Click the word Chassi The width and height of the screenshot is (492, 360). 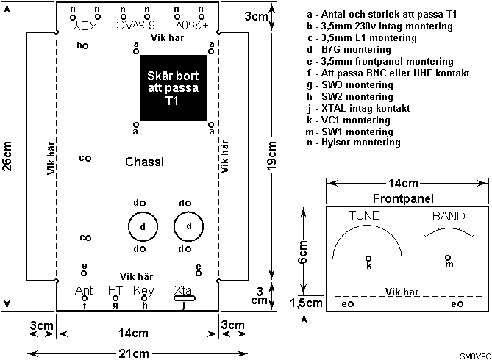point(144,162)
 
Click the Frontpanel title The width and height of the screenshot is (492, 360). point(403,198)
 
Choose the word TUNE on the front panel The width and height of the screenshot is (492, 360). point(366,216)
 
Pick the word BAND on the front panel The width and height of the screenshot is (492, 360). point(448,217)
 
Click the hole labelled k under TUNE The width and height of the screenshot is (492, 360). point(369,258)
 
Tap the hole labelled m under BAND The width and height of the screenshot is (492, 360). point(448,258)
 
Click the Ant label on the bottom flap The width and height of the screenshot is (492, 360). point(85,291)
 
